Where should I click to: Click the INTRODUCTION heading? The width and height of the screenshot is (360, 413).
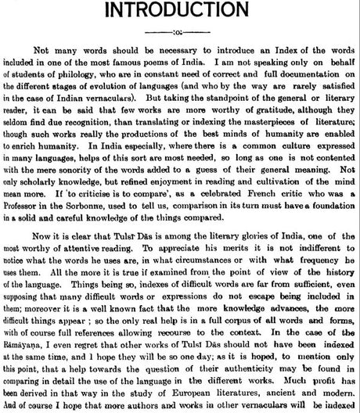tap(179, 14)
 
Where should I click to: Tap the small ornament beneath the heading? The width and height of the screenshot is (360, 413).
tap(179, 34)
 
